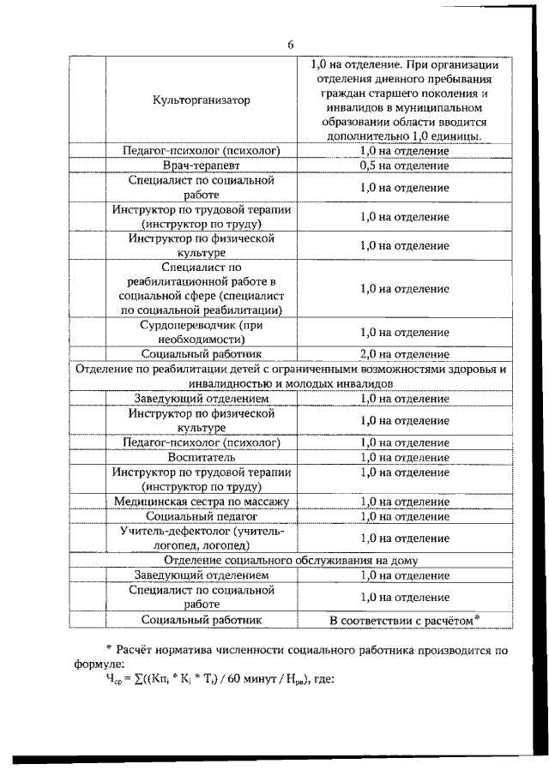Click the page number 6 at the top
(x=291, y=45)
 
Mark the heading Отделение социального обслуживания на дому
(x=291, y=560)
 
